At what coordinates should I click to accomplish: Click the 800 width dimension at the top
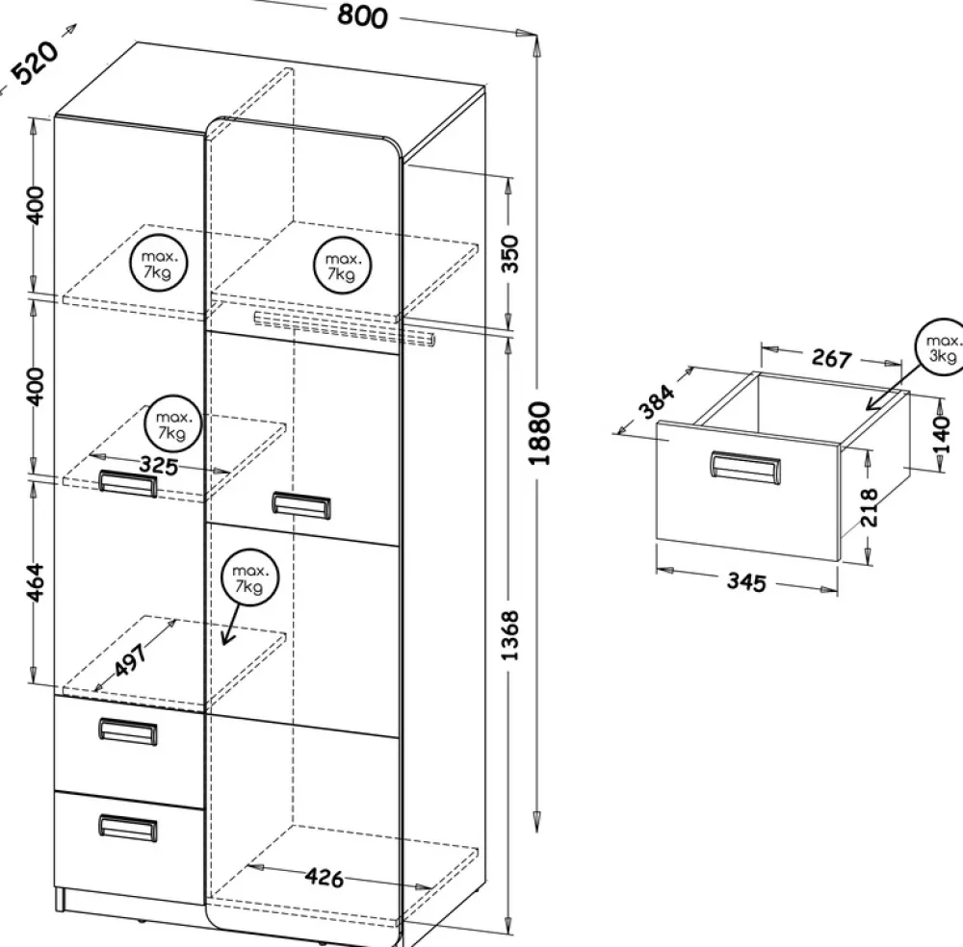[x=362, y=16]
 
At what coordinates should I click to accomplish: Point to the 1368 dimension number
[x=510, y=634]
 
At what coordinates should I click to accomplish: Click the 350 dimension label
[x=510, y=253]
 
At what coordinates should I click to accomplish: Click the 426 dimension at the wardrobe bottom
[x=325, y=877]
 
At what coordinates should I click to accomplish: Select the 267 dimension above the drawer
[x=830, y=358]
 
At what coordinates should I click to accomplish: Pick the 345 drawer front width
[x=745, y=581]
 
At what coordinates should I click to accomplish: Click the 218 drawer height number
[x=869, y=507]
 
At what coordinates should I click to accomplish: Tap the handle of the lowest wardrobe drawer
[x=128, y=827]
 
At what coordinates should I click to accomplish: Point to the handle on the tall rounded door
[x=300, y=503]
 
